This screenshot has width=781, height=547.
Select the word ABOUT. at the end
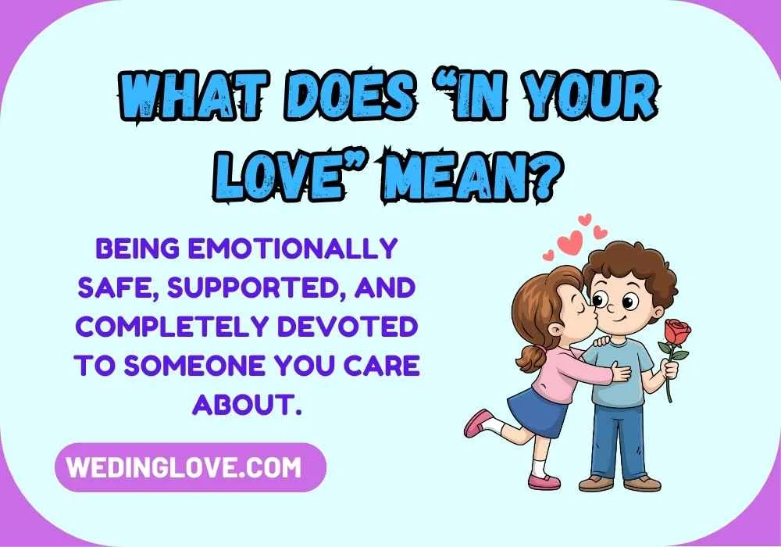247,405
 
